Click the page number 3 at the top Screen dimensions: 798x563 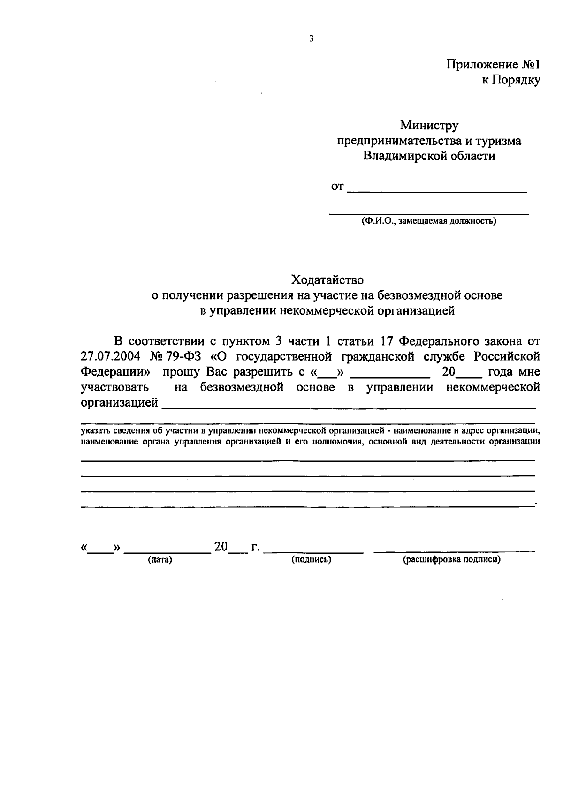[311, 39]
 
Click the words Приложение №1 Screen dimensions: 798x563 [493, 64]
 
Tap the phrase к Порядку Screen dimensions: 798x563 [511, 80]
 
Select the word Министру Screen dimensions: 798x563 [429, 125]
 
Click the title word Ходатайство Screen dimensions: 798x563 [327, 280]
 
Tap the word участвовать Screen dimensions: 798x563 [115, 387]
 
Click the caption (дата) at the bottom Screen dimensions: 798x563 [160, 559]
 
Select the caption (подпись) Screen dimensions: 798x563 [311, 559]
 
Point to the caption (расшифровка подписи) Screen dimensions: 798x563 [452, 559]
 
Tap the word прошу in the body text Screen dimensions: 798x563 [181, 372]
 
